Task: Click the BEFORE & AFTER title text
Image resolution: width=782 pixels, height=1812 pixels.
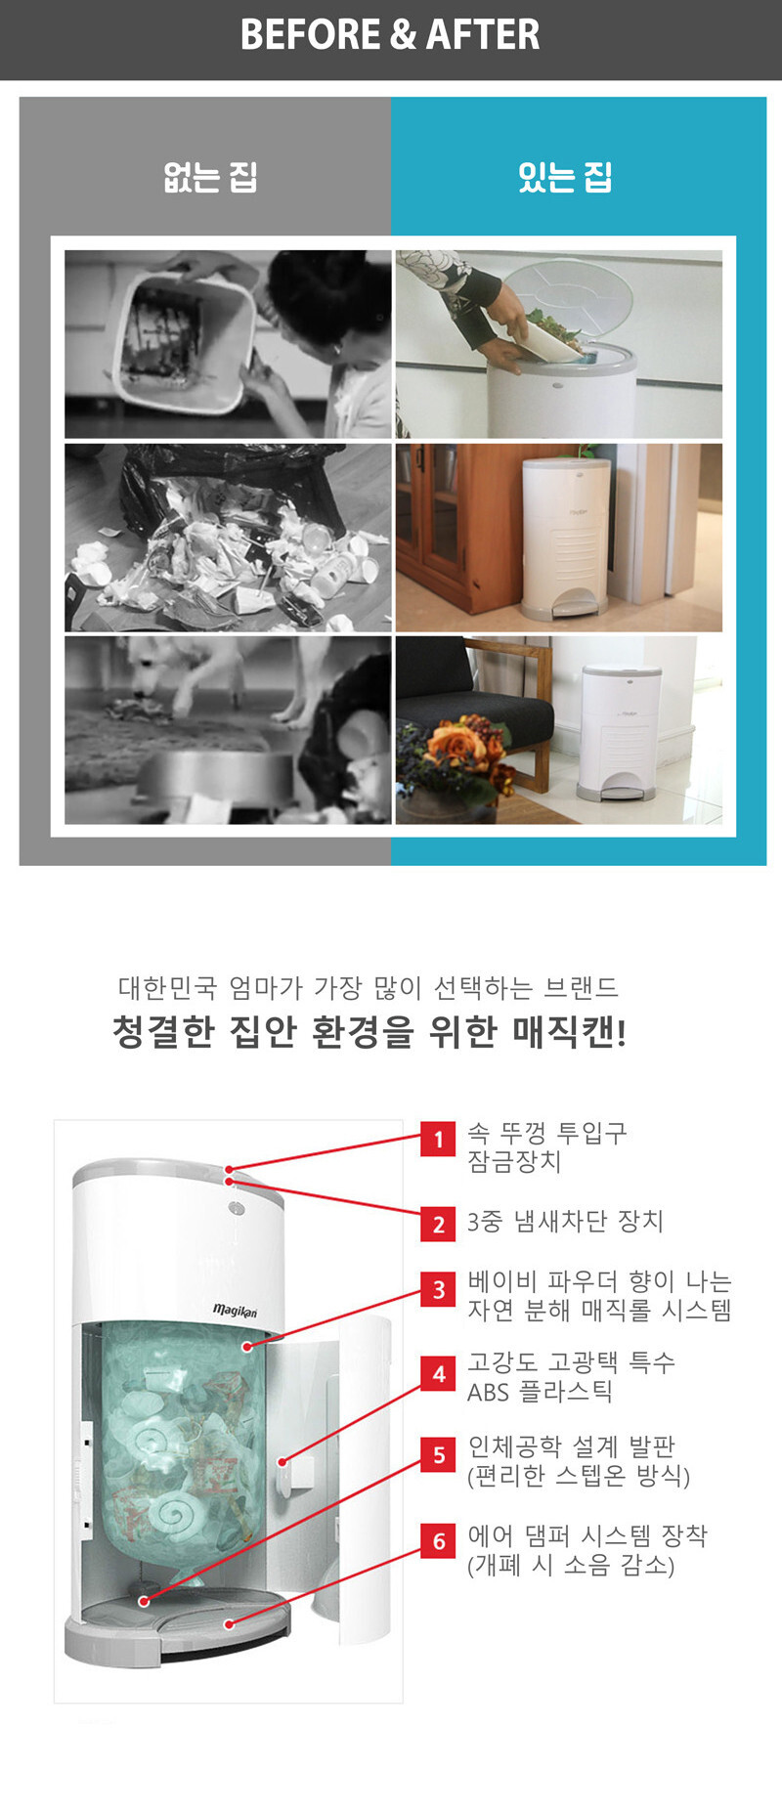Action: (x=390, y=34)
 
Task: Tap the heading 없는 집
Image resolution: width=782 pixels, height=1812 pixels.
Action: (x=210, y=177)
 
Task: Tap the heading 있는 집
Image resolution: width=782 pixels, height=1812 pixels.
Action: (x=565, y=177)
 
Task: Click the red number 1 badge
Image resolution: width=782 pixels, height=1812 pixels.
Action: (x=438, y=1139)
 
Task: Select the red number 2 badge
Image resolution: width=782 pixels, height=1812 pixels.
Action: (x=438, y=1224)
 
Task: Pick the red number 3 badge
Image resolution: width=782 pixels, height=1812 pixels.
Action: (x=438, y=1290)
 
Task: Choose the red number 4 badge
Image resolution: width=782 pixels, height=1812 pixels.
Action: (x=438, y=1373)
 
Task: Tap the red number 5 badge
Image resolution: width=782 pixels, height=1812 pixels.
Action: (x=438, y=1454)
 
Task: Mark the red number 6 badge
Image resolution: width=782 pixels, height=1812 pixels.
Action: (x=438, y=1540)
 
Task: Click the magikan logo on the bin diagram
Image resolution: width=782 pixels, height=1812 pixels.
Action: (x=235, y=1311)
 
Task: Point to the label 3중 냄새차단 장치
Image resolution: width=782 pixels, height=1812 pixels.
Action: (x=565, y=1221)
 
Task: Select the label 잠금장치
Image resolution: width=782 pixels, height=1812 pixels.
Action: (x=514, y=1161)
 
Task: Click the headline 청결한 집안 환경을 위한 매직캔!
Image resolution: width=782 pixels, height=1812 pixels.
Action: (x=369, y=1031)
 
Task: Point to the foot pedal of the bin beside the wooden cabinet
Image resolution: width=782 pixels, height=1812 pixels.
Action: (x=570, y=608)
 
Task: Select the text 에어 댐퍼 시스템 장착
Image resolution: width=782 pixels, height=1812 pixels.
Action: (x=586, y=1535)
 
